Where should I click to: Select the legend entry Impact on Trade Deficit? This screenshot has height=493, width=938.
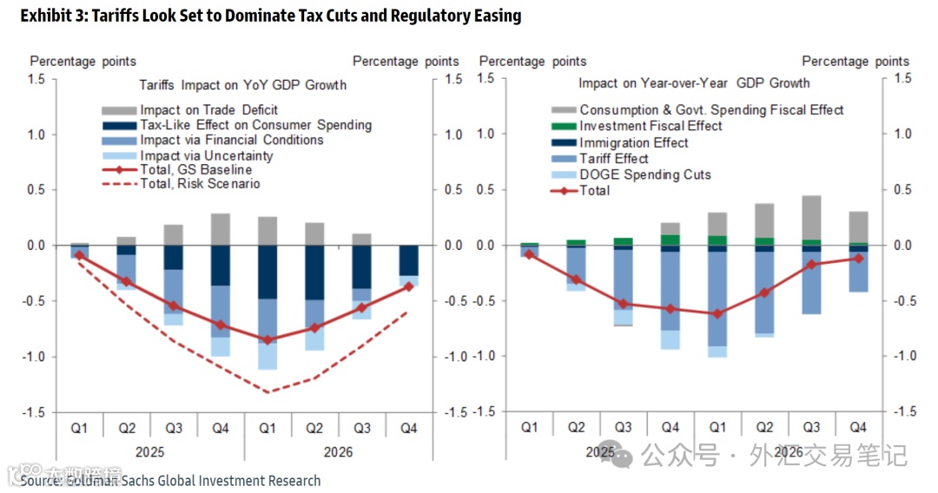pyautogui.click(x=208, y=110)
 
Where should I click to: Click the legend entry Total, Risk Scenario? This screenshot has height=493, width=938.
pyautogui.click(x=200, y=184)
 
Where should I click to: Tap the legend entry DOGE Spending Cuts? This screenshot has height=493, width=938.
pyautogui.click(x=645, y=174)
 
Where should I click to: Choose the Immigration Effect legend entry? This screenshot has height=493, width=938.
pyautogui.click(x=634, y=142)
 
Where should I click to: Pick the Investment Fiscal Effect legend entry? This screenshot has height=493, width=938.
pyautogui.click(x=651, y=126)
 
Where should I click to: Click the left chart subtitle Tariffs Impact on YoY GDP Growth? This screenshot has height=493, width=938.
pyautogui.click(x=243, y=85)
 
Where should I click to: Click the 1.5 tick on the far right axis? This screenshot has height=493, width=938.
pyautogui.click(x=903, y=79)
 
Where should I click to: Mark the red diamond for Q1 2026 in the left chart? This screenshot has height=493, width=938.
pyautogui.click(x=268, y=340)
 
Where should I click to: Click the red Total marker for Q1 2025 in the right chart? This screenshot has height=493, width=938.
pyautogui.click(x=529, y=254)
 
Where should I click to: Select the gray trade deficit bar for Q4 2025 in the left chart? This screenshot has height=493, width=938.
pyautogui.click(x=221, y=229)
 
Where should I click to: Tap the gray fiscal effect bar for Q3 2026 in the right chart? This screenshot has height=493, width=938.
pyautogui.click(x=811, y=217)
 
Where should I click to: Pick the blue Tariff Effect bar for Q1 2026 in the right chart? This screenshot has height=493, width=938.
pyautogui.click(x=717, y=299)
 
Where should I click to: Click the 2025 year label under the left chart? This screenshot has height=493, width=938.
pyautogui.click(x=149, y=452)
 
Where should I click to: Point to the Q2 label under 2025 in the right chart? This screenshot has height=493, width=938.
pyautogui.click(x=576, y=427)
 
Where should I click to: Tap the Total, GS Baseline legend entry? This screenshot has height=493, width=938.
pyautogui.click(x=195, y=169)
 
